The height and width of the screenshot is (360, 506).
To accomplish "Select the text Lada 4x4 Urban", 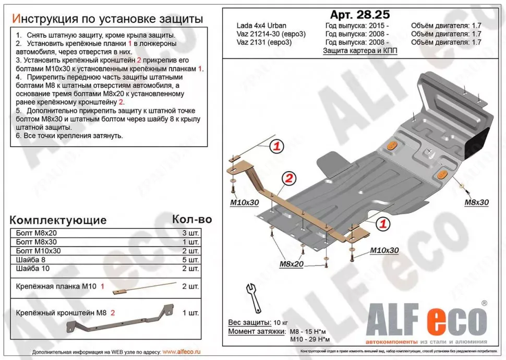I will (261, 26).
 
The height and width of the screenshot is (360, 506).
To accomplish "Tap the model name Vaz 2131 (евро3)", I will (264, 42).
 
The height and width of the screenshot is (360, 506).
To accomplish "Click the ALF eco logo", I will (426, 319).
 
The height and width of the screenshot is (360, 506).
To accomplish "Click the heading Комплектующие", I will (58, 220).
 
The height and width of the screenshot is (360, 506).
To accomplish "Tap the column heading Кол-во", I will (192, 219).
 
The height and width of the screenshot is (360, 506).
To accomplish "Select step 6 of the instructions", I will (69, 136).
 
